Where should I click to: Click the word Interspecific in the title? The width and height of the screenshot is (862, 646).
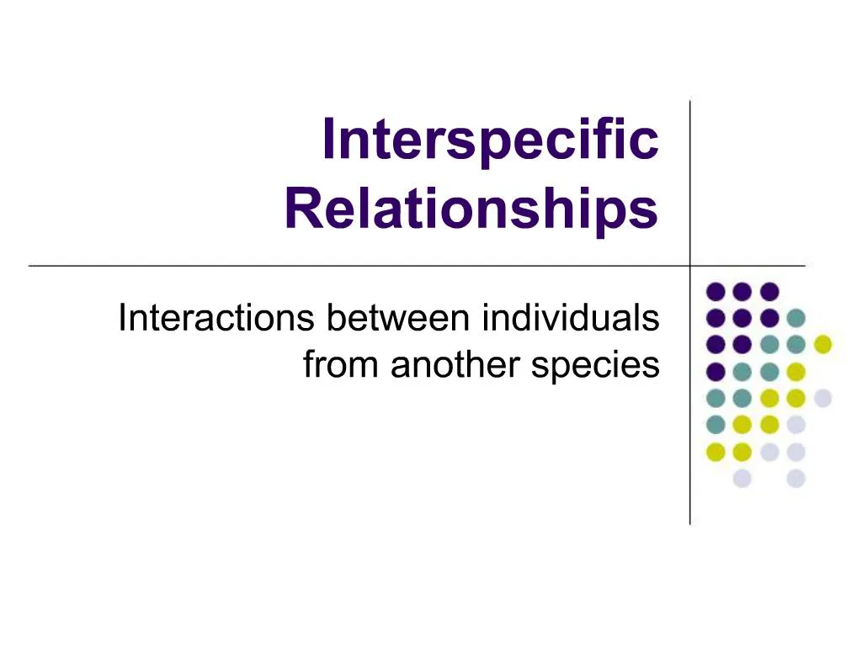(x=490, y=140)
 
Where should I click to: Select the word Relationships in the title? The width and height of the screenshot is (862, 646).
(x=471, y=209)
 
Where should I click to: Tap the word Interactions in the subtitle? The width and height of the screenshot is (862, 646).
(x=215, y=319)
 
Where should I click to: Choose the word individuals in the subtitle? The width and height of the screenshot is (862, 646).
(x=571, y=319)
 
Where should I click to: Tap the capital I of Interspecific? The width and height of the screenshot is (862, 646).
(x=328, y=140)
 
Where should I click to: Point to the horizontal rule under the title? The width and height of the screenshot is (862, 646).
(x=337, y=266)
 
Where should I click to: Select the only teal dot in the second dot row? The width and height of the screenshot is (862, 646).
(x=795, y=318)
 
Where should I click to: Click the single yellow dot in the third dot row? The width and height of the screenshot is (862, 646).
(x=822, y=343)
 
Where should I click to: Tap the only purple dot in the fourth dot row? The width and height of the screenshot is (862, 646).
(x=716, y=370)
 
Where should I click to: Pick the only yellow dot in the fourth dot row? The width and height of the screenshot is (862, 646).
(x=795, y=370)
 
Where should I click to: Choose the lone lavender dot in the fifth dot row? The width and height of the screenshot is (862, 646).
(x=822, y=397)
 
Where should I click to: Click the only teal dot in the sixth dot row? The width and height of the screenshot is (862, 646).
(x=716, y=424)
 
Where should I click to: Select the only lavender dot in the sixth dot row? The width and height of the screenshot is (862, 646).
(x=795, y=424)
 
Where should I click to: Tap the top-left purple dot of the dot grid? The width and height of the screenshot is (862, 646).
(x=716, y=291)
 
